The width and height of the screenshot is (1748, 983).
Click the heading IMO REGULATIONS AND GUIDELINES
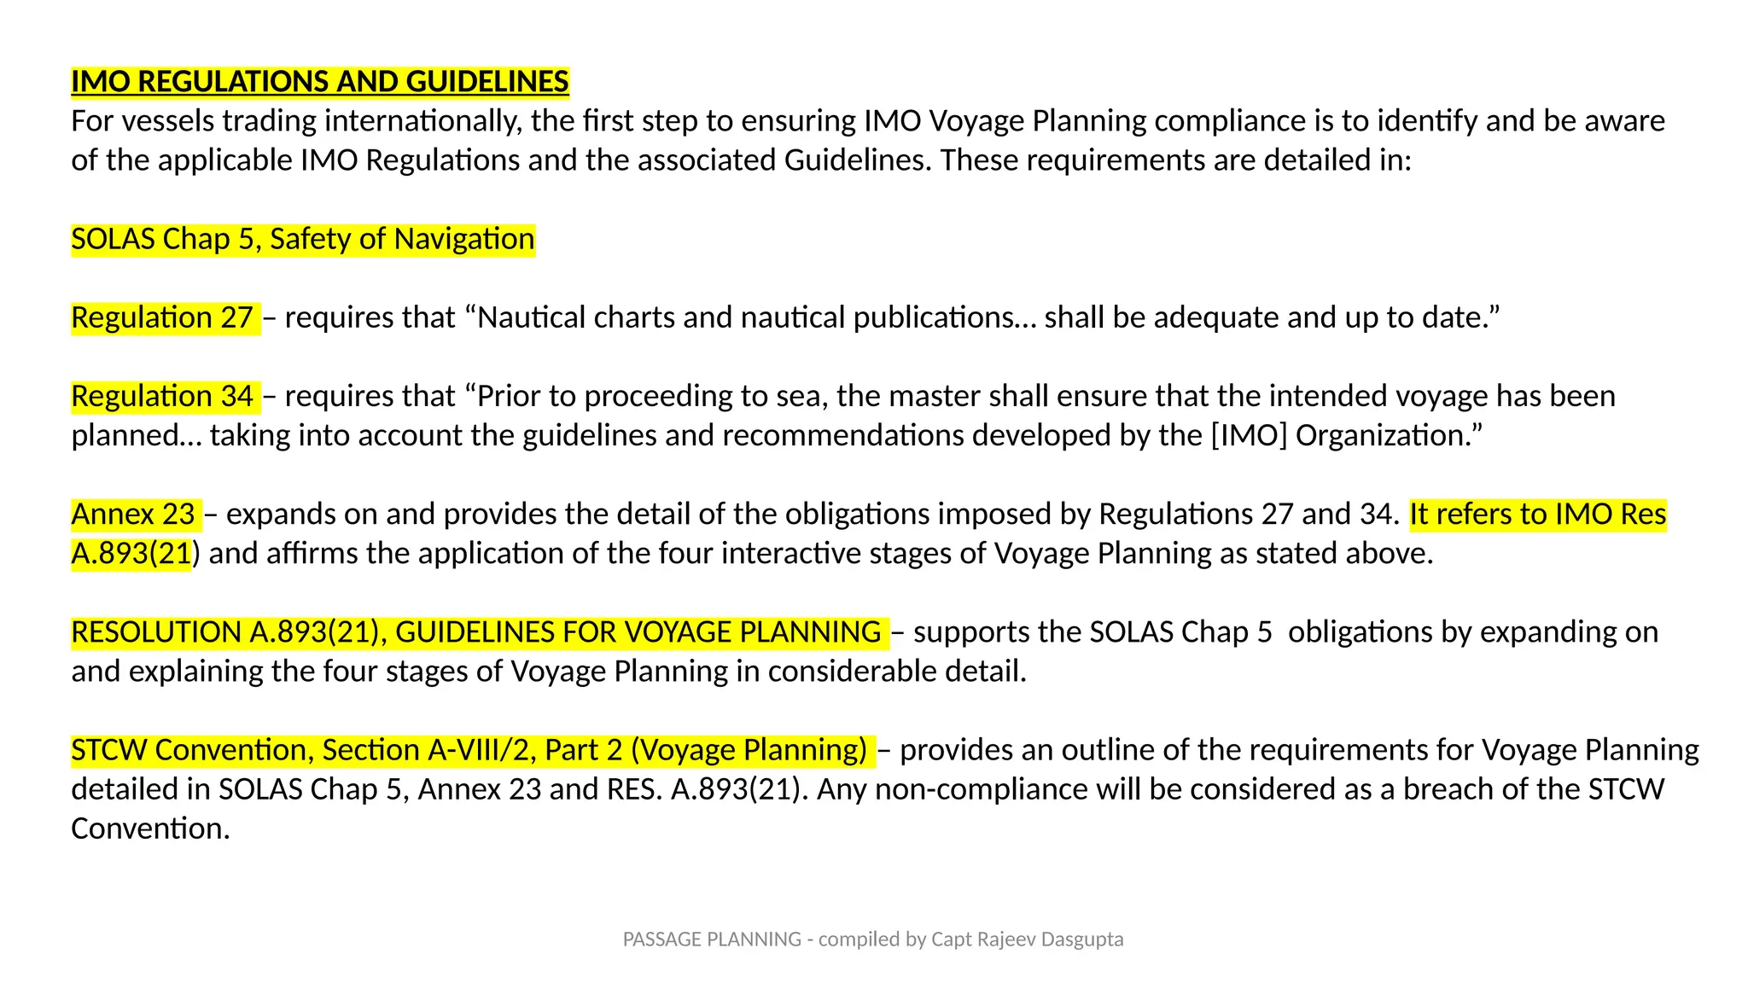[x=319, y=82]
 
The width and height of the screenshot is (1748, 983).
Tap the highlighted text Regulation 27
[x=162, y=317]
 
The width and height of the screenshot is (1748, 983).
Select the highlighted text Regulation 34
[x=162, y=396]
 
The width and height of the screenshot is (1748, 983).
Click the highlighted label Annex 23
[x=133, y=514]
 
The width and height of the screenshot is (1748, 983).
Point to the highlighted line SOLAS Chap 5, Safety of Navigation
[x=302, y=239]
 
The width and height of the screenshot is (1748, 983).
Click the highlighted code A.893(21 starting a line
[x=131, y=553]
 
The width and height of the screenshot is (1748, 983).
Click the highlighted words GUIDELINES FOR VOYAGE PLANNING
[x=638, y=631]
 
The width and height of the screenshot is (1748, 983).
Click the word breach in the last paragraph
[x=1448, y=788]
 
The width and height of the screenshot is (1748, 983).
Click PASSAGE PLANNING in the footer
[x=712, y=939]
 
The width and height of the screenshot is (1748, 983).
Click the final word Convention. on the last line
[x=150, y=828]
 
